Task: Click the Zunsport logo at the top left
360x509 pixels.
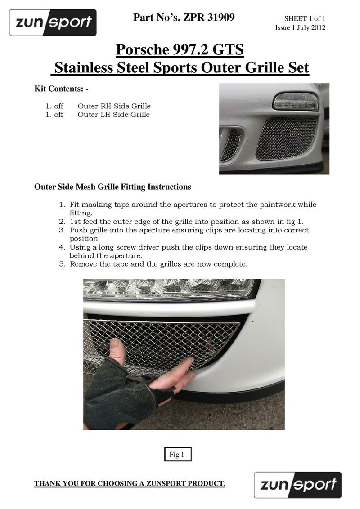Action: point(53,22)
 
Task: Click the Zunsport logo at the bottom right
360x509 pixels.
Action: point(297,485)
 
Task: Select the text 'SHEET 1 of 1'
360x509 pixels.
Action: point(305,19)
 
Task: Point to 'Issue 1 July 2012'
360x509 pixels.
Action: point(300,28)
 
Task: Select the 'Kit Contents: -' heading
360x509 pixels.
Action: point(61,89)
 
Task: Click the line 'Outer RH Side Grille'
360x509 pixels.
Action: point(114,106)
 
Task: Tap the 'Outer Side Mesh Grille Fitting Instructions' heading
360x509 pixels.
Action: point(112,187)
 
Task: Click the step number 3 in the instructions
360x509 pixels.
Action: point(63,230)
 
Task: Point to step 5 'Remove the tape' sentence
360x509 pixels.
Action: point(158,264)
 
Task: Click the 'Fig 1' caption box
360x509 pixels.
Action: point(177,455)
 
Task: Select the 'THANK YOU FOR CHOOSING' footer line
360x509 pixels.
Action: point(130,484)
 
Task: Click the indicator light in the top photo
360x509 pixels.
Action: point(297,101)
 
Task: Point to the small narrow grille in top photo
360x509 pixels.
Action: point(231,145)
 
